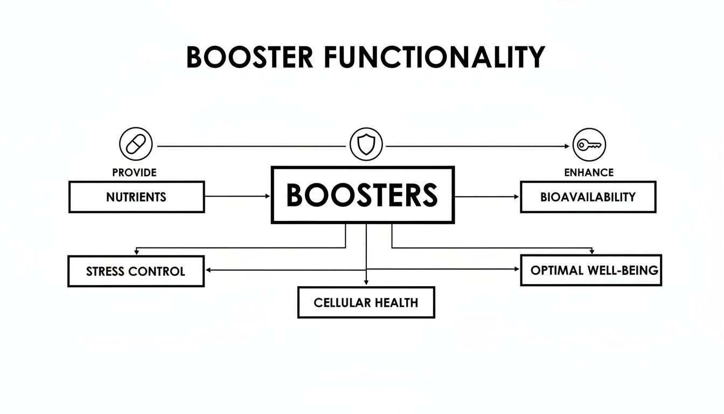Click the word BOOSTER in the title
(x=249, y=57)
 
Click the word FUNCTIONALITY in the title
(x=434, y=57)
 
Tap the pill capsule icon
(x=136, y=145)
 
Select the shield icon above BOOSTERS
(x=366, y=145)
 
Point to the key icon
(x=589, y=145)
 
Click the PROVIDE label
(x=135, y=172)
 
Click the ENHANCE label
(x=589, y=172)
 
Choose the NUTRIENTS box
(x=136, y=197)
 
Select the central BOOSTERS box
(x=363, y=195)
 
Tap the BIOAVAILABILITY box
(x=588, y=197)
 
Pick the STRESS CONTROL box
(x=136, y=271)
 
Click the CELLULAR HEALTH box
(x=366, y=302)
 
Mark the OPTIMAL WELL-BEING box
(x=591, y=270)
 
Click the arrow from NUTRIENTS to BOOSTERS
(x=237, y=197)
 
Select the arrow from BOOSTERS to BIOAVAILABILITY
(x=488, y=197)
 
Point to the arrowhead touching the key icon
(x=566, y=146)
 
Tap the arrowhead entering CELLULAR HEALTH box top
(x=366, y=282)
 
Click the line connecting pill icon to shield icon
(x=250, y=146)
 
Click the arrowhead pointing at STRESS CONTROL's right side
(x=209, y=270)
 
